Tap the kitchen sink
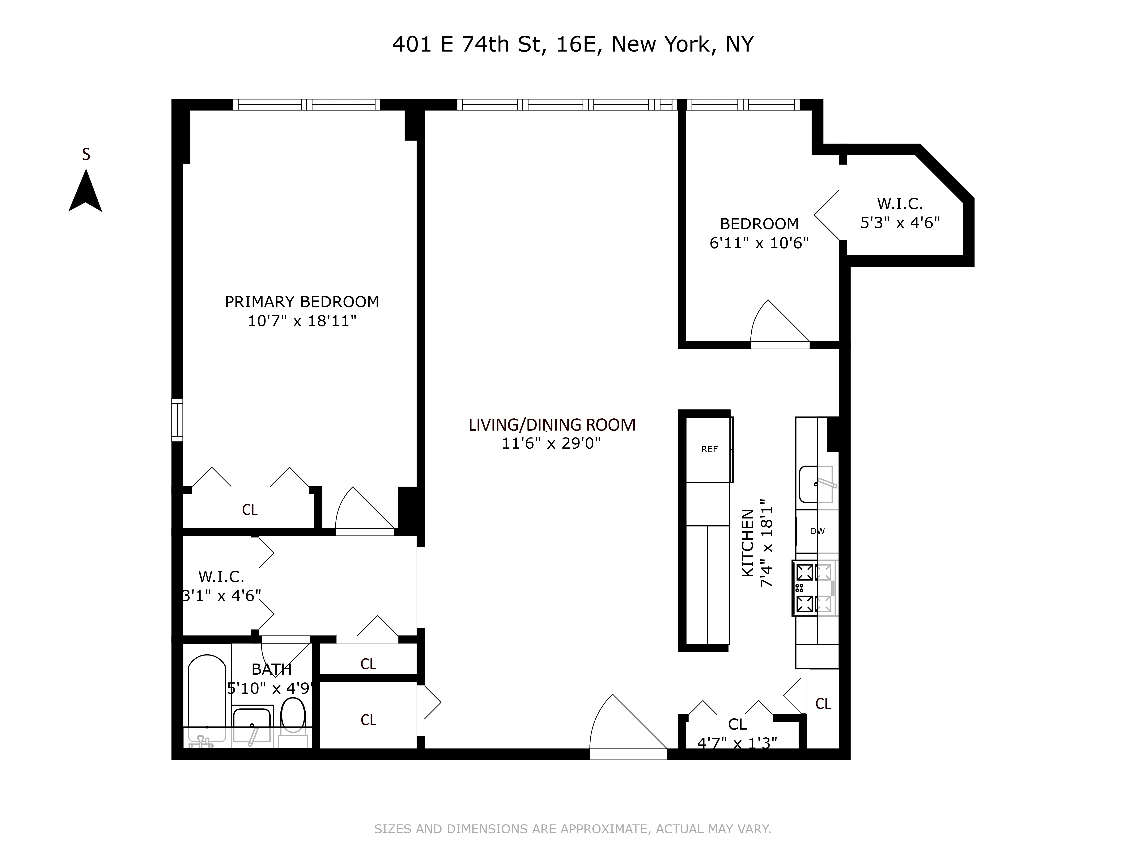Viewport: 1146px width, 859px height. point(816,484)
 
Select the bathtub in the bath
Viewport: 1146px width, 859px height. point(207,696)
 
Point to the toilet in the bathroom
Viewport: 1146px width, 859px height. point(293,714)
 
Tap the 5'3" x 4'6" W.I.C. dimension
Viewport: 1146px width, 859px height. point(900,223)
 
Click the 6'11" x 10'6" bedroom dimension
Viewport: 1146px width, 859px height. point(759,243)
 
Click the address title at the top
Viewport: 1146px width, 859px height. point(572,44)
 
